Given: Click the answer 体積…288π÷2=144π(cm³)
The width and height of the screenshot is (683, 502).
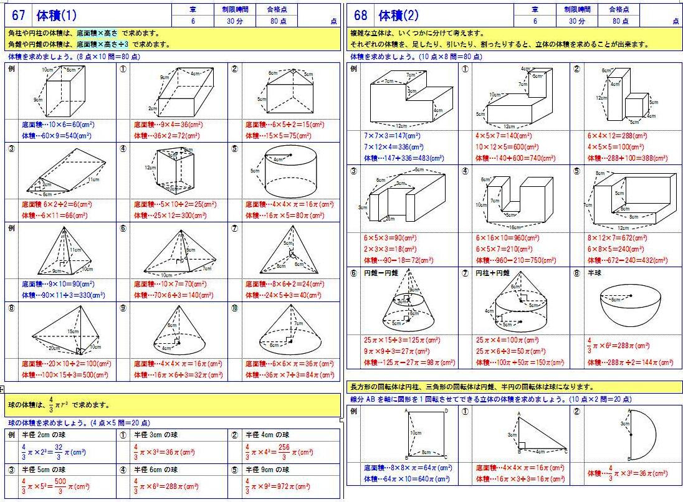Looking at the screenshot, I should click(630, 362).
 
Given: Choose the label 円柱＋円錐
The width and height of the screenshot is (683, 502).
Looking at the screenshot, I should click(493, 273).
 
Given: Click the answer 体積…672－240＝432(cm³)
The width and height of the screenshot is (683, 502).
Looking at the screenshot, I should click(628, 260).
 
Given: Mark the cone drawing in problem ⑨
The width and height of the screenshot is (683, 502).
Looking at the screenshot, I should click(178, 333).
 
